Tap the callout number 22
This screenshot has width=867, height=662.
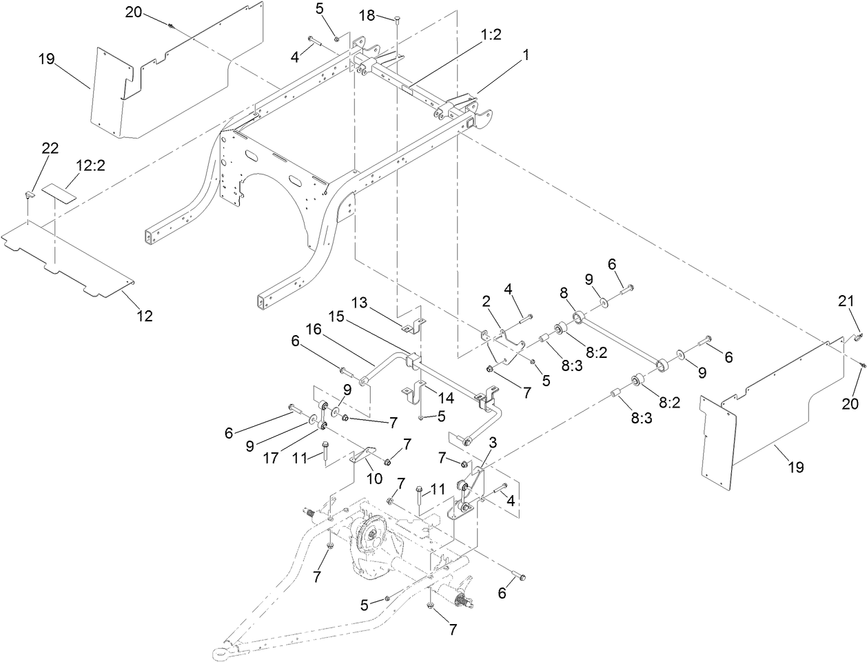pos(50,148)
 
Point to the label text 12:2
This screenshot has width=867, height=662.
pos(90,165)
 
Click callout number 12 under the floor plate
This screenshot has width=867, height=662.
pos(144,316)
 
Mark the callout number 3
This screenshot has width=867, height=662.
pos(493,441)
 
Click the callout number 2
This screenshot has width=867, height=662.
pos(486,301)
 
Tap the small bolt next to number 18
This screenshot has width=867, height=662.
pos(398,20)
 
